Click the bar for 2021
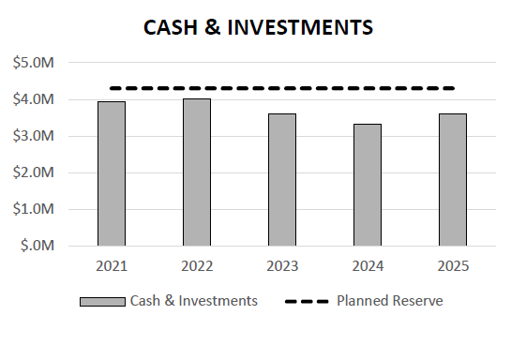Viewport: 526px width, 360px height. click(112, 173)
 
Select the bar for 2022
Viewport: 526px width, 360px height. click(197, 172)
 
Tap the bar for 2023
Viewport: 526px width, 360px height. click(282, 179)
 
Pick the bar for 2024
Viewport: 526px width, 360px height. click(368, 185)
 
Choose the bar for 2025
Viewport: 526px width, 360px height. click(453, 179)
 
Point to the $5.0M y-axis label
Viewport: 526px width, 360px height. click(33, 63)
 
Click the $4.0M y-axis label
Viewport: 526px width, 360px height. click(33, 99)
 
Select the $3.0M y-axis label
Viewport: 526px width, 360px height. click(33, 136)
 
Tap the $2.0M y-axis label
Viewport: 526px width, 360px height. click(33, 172)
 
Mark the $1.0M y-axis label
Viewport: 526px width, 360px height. click(33, 209)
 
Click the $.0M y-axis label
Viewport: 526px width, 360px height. click(37, 246)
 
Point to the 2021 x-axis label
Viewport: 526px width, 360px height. click(112, 266)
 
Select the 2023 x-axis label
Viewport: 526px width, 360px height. click(282, 266)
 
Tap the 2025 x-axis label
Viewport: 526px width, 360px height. click(453, 266)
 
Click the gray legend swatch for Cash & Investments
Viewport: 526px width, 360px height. click(102, 302)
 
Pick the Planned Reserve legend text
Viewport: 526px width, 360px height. click(389, 301)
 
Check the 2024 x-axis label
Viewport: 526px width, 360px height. click(368, 266)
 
